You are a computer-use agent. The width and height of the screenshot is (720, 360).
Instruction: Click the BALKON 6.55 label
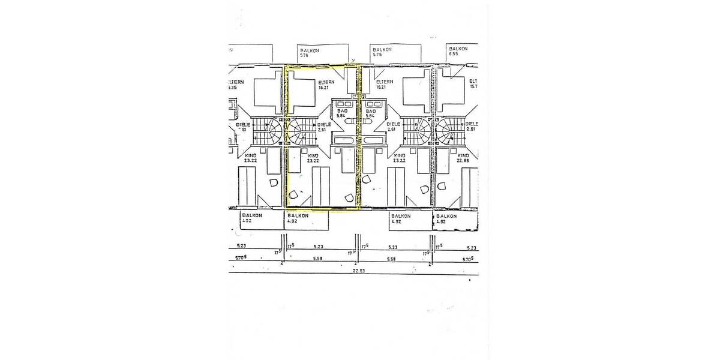click(x=458, y=50)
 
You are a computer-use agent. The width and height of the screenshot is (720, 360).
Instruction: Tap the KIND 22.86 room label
click(x=463, y=158)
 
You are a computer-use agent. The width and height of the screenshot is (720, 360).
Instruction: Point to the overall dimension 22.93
click(x=359, y=271)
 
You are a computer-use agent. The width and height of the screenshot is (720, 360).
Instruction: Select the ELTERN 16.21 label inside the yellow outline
click(x=326, y=85)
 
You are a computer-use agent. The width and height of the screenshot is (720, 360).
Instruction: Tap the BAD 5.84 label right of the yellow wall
click(x=371, y=113)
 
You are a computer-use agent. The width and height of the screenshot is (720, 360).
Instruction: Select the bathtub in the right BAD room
click(x=374, y=142)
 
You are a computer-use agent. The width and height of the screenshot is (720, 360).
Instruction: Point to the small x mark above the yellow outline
click(x=353, y=59)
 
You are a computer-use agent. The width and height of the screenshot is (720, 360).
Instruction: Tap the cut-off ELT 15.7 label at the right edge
click(x=473, y=83)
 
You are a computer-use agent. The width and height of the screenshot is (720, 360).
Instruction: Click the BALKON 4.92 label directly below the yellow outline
click(x=298, y=218)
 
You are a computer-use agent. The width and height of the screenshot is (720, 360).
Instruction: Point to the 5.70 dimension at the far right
click(x=466, y=259)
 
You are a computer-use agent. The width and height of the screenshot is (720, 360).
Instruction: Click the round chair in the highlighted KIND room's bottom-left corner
click(x=293, y=195)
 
